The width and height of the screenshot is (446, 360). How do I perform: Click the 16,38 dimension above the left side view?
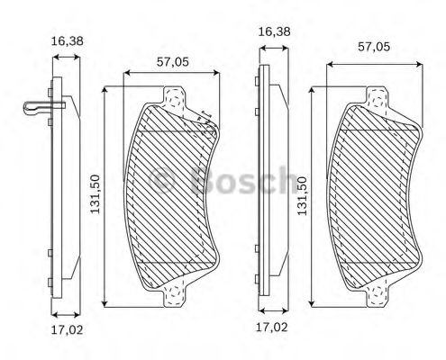pyautogui.click(x=67, y=40)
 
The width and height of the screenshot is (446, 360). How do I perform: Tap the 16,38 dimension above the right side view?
pyautogui.click(x=273, y=31)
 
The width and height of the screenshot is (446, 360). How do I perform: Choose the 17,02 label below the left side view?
pyautogui.click(x=67, y=329)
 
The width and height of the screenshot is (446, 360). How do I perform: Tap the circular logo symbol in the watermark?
pyautogui.click(x=165, y=181)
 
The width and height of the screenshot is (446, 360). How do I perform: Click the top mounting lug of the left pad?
pyautogui.click(x=174, y=94)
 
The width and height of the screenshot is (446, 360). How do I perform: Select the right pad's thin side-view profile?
pyautogui.click(x=264, y=193)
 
